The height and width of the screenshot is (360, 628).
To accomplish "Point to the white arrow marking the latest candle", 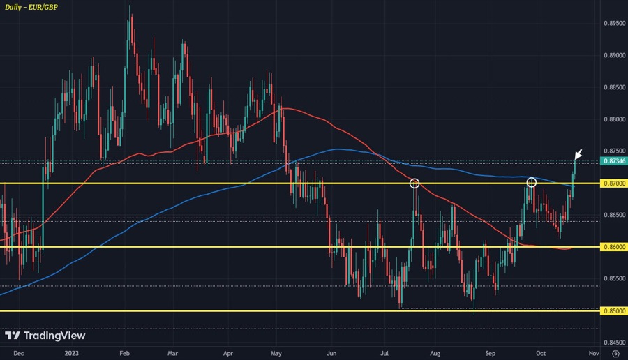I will [578, 154].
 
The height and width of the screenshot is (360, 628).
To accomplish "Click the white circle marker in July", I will [414, 183].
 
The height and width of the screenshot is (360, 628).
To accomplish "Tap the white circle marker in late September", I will [531, 183].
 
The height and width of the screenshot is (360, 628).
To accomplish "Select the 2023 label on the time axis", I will [72, 354].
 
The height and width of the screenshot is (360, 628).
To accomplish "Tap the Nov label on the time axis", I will [585, 354].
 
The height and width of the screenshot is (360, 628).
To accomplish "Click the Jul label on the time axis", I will [385, 354].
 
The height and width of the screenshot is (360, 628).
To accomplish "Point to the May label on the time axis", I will [276, 354].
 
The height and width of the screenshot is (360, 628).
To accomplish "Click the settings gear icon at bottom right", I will [615, 354].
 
